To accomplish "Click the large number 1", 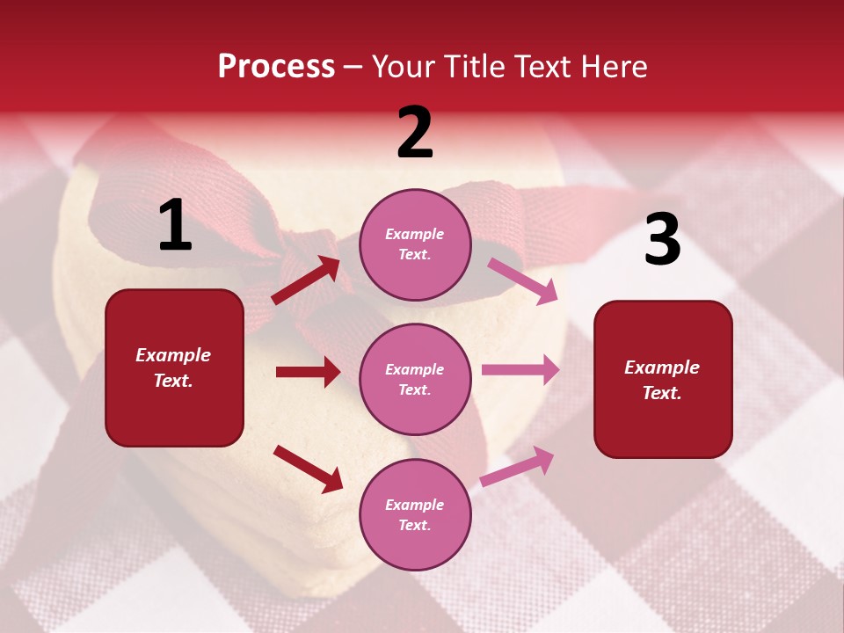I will tap(175, 225).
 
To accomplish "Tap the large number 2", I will tap(415, 133).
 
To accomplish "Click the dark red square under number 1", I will tap(174, 367).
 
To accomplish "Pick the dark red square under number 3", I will tap(663, 379).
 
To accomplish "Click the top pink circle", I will tap(415, 244).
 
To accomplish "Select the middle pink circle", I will tap(415, 379).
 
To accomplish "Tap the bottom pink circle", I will tap(415, 514).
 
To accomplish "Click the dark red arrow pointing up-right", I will tap(306, 280).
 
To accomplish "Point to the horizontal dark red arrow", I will tap(308, 372).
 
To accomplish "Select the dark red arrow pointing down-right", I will tap(308, 468).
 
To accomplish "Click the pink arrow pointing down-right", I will tap(522, 280).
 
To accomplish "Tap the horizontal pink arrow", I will tap(520, 370).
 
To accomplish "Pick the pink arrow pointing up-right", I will tap(518, 466).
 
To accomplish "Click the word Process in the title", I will tap(276, 66).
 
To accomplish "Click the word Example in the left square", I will tap(173, 355).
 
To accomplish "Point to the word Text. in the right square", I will tap(662, 393).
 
